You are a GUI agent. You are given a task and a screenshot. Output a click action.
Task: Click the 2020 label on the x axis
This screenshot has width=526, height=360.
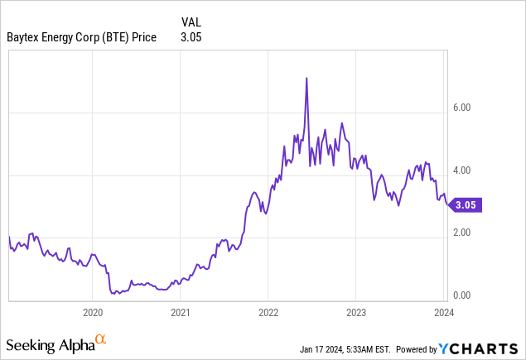point(93,313)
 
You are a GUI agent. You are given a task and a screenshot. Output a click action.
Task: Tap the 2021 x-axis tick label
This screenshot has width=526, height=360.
point(181,313)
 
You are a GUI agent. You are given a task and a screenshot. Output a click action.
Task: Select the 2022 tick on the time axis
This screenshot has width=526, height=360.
point(268,313)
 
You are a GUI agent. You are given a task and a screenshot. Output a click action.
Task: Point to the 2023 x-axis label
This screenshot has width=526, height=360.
point(355,313)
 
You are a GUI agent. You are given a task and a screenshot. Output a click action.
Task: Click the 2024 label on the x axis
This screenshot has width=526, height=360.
point(442,313)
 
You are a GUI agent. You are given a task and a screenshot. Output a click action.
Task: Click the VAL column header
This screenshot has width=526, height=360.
point(191,21)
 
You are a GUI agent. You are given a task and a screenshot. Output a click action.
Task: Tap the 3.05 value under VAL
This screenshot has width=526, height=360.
point(191,36)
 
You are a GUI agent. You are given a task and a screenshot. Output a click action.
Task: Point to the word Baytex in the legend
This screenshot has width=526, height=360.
point(27,36)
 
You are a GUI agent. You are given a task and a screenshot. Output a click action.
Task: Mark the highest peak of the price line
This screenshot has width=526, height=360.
point(307,78)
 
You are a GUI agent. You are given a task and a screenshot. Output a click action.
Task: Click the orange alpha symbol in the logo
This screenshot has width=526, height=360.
point(100,339)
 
